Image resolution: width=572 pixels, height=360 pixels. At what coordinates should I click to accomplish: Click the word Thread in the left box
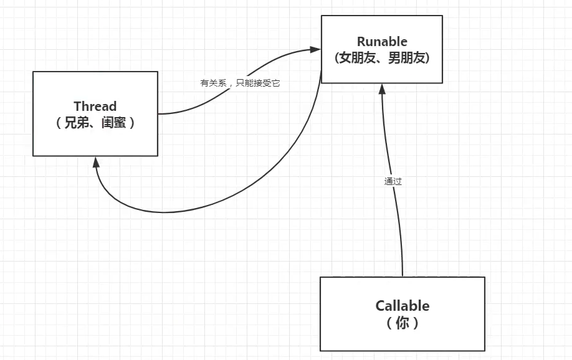click(95, 106)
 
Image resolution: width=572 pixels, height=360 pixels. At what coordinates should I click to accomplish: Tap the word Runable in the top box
click(382, 42)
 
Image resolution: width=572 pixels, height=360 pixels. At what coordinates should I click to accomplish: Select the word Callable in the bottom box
click(402, 306)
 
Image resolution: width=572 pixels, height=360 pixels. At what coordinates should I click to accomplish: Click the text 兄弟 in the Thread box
click(77, 123)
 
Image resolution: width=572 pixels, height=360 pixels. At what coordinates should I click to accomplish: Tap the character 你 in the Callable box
click(402, 323)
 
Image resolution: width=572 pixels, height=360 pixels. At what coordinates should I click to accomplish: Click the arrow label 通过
click(393, 182)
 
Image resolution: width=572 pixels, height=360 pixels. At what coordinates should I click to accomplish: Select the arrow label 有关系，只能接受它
click(240, 83)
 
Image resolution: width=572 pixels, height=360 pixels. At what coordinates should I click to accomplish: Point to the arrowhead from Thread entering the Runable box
click(316, 49)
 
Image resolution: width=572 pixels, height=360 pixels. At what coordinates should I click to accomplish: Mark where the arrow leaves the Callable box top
click(403, 277)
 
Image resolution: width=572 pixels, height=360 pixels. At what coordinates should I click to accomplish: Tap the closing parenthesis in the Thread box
click(131, 123)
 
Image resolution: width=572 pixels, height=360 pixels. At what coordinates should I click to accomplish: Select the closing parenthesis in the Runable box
click(427, 58)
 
